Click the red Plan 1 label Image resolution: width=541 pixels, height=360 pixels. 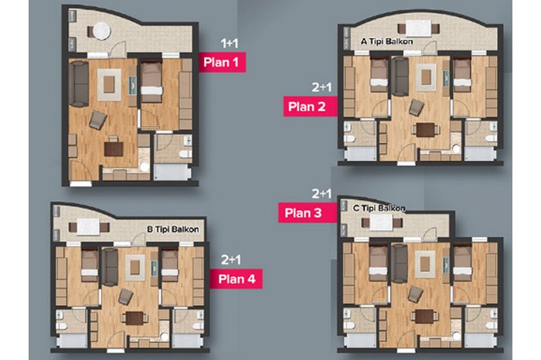[223, 62]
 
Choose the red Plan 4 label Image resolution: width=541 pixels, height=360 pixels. [236, 279]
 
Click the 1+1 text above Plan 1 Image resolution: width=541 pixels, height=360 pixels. [230, 43]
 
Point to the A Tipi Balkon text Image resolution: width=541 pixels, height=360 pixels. [386, 42]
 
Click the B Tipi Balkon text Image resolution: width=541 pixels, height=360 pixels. [173, 229]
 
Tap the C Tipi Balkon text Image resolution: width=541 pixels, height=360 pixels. [379, 209]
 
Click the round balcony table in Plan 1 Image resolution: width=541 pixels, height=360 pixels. [102, 31]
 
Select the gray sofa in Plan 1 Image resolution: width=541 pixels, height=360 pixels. [79, 83]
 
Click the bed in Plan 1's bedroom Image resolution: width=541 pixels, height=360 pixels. [151, 82]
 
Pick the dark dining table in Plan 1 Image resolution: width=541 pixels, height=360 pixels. [114, 149]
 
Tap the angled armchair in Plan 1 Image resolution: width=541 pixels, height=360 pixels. [98, 120]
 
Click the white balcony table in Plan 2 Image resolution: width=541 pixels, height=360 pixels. [419, 29]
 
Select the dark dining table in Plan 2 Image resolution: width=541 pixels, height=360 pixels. [425, 130]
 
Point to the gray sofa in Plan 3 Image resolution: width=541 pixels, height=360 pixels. [400, 263]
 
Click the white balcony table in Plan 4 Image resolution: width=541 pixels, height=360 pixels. [88, 227]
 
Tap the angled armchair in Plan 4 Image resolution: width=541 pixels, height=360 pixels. [125, 297]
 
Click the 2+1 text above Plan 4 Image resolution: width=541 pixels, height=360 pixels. [231, 260]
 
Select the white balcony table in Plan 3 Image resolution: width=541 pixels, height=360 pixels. [381, 222]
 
